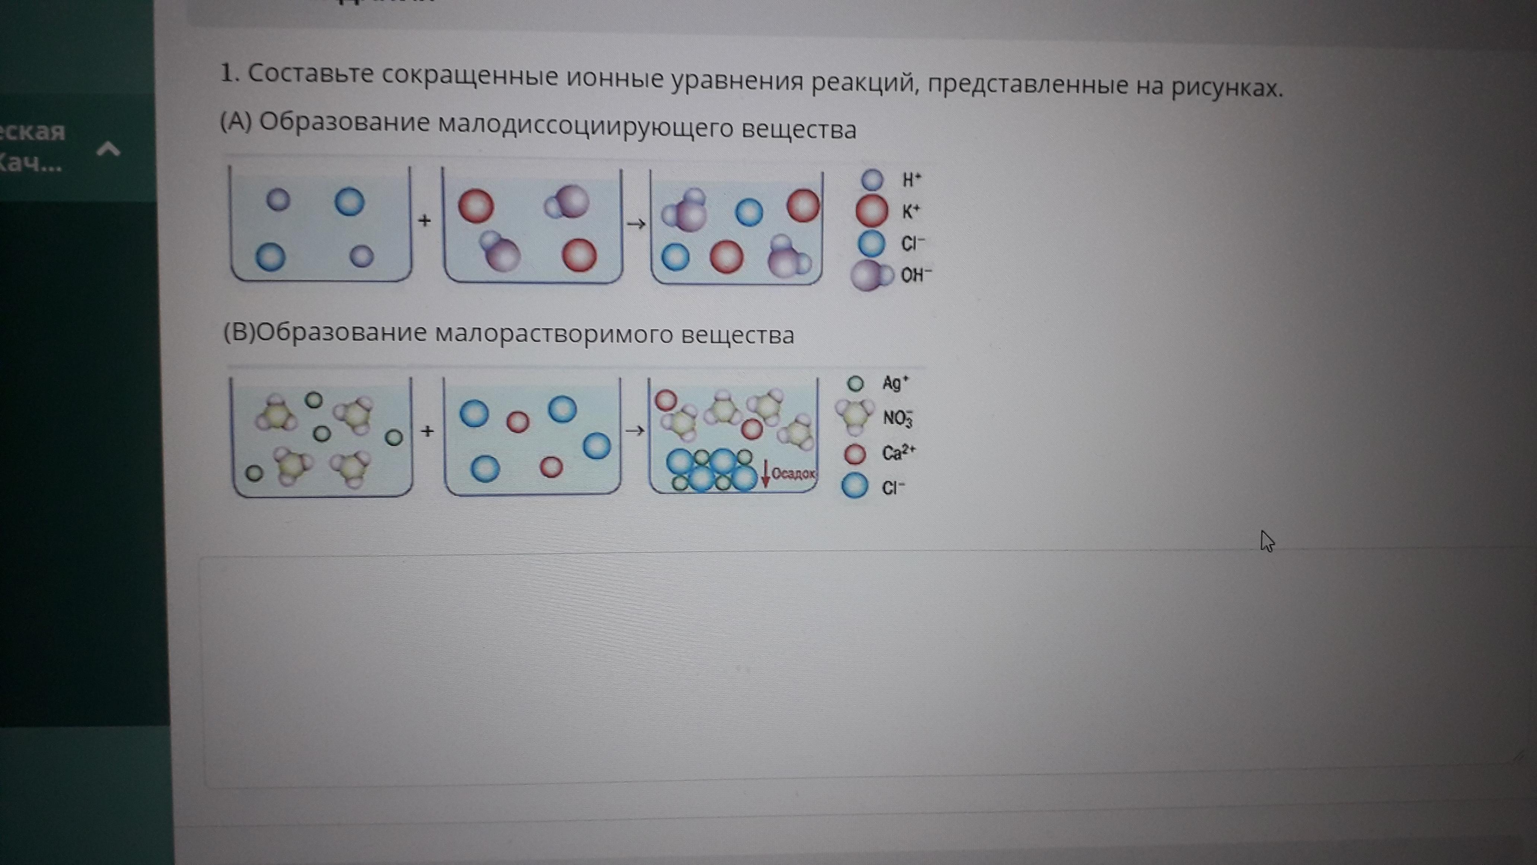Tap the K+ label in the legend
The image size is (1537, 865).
[910, 211]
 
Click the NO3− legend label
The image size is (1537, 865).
[897, 418]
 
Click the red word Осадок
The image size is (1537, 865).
[793, 474]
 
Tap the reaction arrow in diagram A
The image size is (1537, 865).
[636, 224]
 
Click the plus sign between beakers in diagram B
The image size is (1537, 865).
[427, 431]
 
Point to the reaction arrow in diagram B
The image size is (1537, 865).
[635, 430]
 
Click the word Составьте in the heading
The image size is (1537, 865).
[311, 74]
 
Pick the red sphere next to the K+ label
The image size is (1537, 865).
[872, 211]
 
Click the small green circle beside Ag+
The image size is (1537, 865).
[856, 384]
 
